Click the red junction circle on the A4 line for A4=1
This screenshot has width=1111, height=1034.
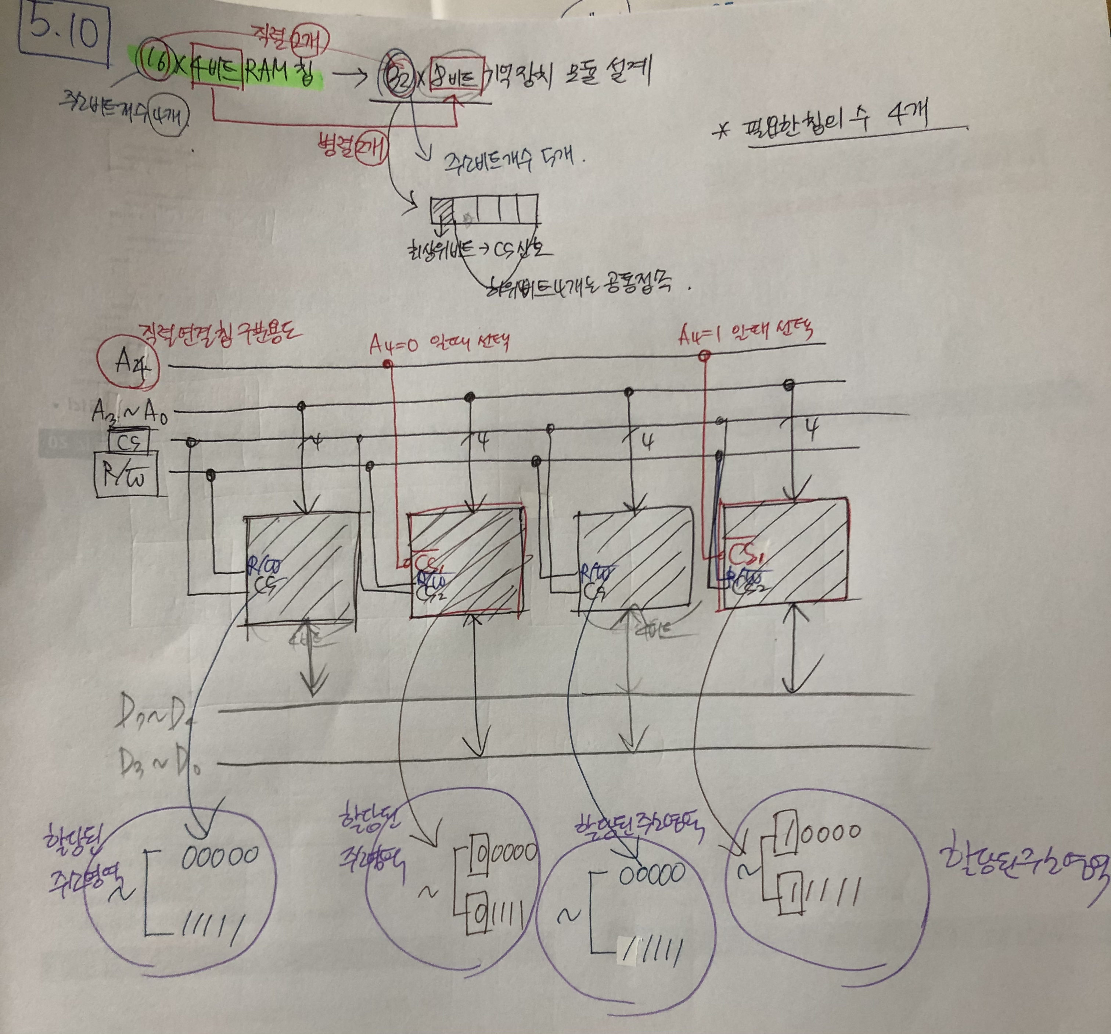[705, 355]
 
